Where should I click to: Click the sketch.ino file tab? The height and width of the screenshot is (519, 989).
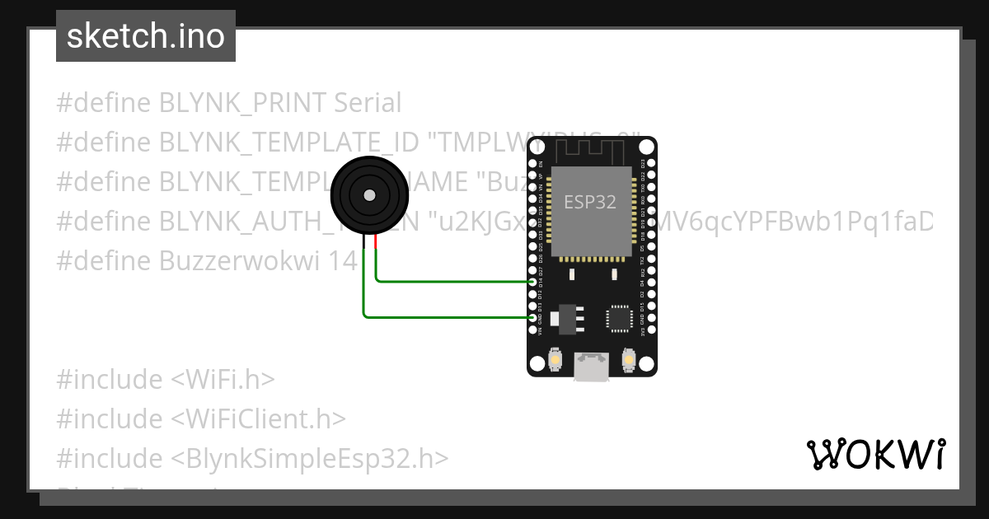tap(145, 36)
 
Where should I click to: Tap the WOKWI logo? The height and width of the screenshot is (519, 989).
tap(875, 454)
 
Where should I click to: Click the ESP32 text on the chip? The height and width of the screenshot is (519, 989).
tap(590, 202)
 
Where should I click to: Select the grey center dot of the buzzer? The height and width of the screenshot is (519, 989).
tap(369, 195)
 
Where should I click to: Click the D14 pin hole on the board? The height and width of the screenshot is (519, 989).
tap(532, 282)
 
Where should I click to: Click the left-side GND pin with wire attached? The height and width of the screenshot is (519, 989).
tap(532, 317)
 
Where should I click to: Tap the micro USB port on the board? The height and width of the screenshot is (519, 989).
tap(592, 367)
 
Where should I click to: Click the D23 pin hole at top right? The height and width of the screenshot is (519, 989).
tap(651, 163)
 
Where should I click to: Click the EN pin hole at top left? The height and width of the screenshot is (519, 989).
tap(532, 163)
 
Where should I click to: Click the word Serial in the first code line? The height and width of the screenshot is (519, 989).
tap(368, 103)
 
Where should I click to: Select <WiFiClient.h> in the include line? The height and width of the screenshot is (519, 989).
tap(258, 418)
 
